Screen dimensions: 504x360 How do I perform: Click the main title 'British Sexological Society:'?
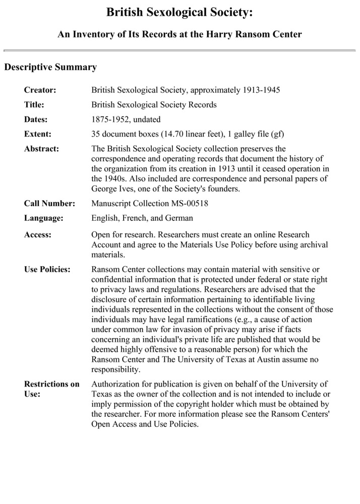pos(180,13)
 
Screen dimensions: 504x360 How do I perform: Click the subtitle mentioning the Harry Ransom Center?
pos(180,34)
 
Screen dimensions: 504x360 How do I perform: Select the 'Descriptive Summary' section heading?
pos(50,67)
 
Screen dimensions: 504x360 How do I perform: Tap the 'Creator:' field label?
pos(40,90)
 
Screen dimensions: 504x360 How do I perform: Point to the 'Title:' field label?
pos(34,105)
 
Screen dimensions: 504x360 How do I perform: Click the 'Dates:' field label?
pos(36,119)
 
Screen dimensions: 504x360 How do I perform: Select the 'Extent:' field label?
pos(37,134)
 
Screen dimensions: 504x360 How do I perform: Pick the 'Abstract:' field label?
pos(41,149)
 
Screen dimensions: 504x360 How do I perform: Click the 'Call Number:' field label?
pos(49,204)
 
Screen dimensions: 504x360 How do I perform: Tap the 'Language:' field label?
pos(44,218)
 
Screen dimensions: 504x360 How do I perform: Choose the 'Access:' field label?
pos(37,235)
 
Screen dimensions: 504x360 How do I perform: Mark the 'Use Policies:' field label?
pos(47,270)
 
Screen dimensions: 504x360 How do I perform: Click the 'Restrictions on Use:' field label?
pos(51,389)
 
